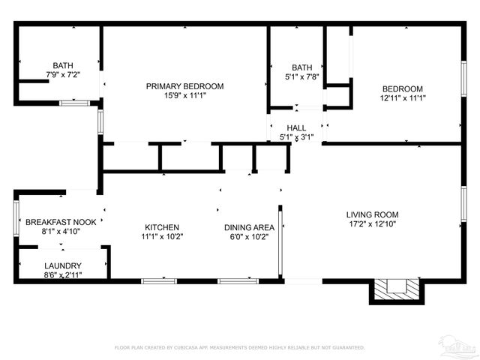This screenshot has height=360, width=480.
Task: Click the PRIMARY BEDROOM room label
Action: click(x=184, y=86)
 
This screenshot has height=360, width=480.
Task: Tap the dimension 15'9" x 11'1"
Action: click(x=184, y=96)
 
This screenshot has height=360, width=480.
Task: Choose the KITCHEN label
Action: click(x=162, y=226)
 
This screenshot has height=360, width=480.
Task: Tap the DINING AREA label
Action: click(x=249, y=226)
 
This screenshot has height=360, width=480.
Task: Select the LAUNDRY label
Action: click(x=63, y=266)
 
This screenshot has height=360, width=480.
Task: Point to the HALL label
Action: click(x=295, y=128)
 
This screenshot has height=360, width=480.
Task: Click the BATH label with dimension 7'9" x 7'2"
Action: click(x=63, y=65)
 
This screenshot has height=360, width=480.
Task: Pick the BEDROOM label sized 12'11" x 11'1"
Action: click(x=402, y=88)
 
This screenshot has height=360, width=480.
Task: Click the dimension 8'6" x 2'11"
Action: click(x=63, y=275)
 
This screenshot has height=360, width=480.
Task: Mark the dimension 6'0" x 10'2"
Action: click(x=249, y=236)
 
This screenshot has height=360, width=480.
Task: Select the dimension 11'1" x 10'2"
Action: click(x=162, y=236)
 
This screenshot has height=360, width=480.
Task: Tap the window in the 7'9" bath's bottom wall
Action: click(x=74, y=103)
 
